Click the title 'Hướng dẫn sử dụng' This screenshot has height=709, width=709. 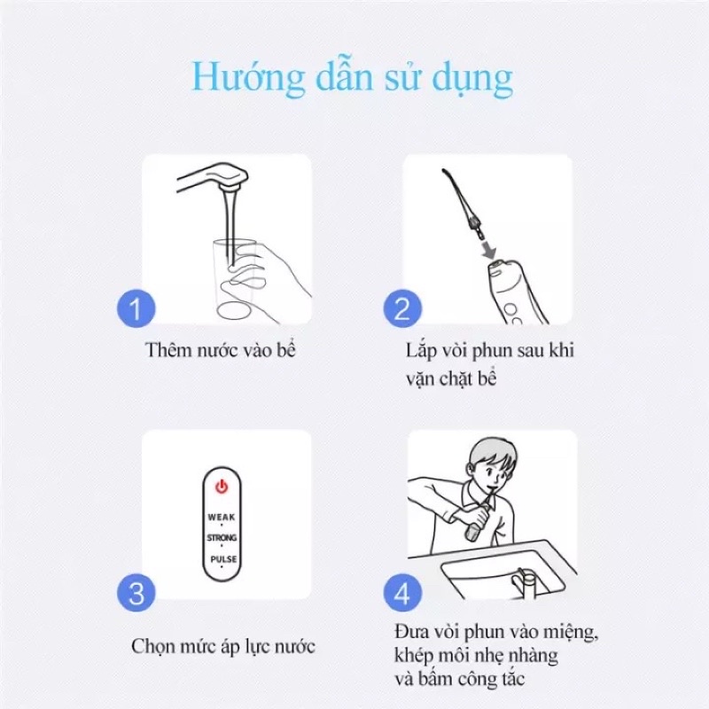pos(353,78)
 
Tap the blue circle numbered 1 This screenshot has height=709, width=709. pos(136,308)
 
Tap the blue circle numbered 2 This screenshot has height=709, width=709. pos(402,308)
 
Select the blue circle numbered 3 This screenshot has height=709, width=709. pos(136,593)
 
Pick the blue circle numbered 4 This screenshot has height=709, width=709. pos(402,593)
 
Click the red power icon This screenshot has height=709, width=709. pos(222,487)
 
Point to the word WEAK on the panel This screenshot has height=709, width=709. pos(222,517)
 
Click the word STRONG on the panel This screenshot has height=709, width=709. pos(222,538)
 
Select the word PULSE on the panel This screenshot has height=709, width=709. pos(223,559)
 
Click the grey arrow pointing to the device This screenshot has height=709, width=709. pos(489,250)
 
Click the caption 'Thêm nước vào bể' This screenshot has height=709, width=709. pos(220,350)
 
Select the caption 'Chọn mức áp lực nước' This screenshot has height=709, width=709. pos(223,647)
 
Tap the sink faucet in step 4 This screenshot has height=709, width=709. pos(524,581)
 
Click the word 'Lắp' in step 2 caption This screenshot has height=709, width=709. pos(420,351)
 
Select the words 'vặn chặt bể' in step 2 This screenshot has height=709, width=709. pos(451,378)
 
